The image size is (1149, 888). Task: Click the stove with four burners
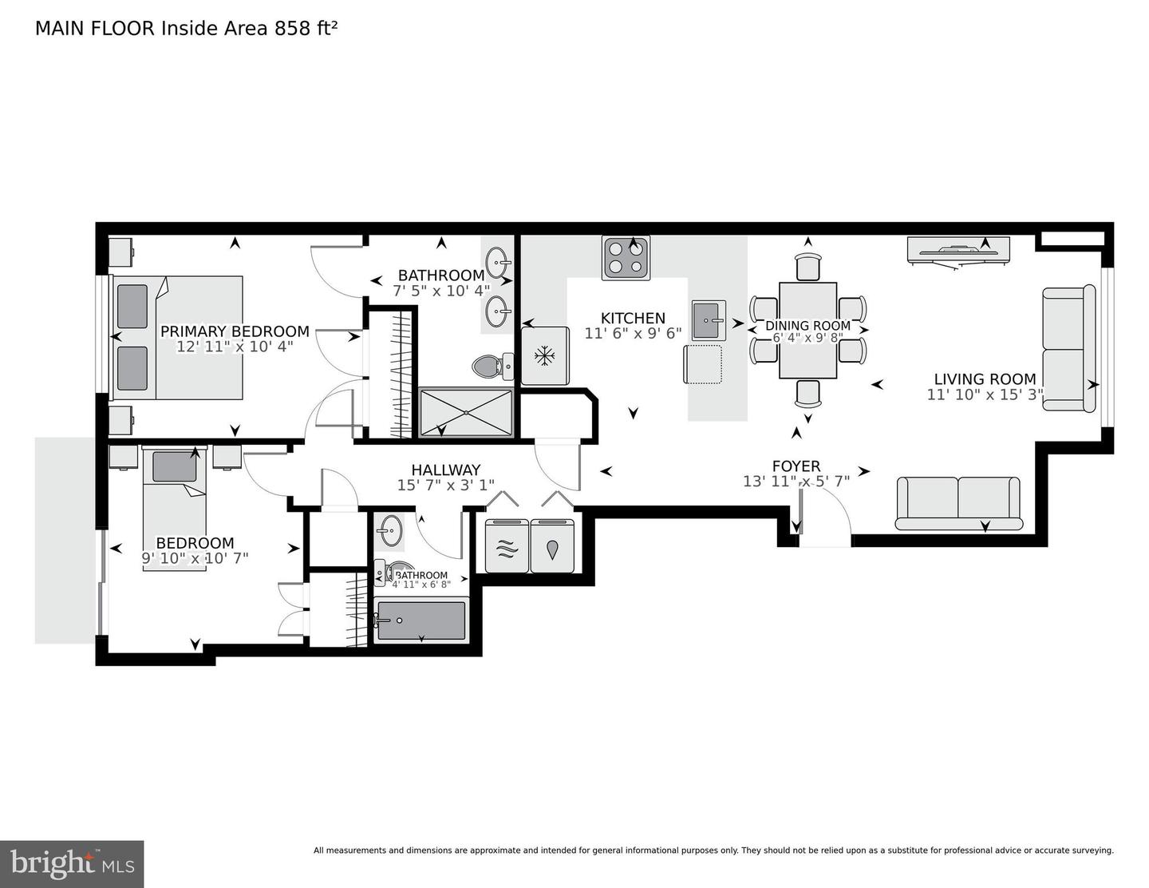(626, 258)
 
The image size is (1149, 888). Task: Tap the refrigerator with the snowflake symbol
(545, 355)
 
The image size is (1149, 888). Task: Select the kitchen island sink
(708, 320)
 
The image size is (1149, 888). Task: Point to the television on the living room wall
(960, 251)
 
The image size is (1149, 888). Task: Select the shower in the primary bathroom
(466, 413)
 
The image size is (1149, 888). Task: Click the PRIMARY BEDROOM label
(235, 331)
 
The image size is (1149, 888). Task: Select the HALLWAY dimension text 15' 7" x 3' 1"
(445, 485)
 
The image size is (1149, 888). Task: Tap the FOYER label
(796, 466)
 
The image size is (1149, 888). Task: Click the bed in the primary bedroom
(178, 338)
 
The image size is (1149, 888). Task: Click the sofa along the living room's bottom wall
(958, 503)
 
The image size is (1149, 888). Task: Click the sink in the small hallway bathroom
(390, 530)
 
